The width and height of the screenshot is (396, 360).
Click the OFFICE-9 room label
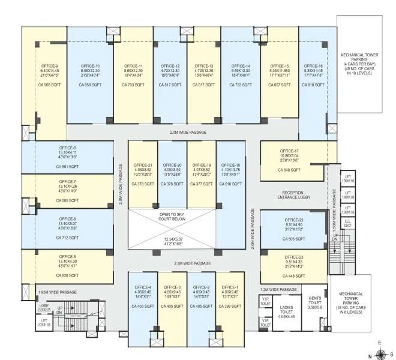click(x=49, y=66)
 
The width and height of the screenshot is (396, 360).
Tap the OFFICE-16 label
click(x=314, y=66)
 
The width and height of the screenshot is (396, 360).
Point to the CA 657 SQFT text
click(x=278, y=85)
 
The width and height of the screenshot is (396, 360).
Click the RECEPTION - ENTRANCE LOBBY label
click(x=294, y=195)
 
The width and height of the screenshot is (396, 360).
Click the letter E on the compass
click(x=379, y=343)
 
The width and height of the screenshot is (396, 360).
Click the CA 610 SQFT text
click(x=230, y=185)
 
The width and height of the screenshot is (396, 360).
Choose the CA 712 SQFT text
click(x=67, y=238)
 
